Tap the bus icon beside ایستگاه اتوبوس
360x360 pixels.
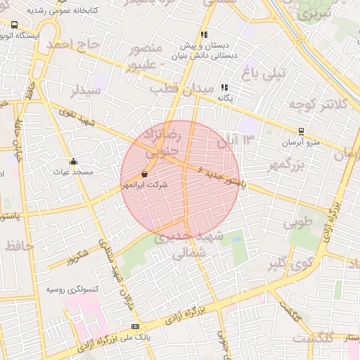pos(15,25)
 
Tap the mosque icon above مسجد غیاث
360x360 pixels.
pos(72,161)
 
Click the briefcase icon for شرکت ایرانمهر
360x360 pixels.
pos(144,174)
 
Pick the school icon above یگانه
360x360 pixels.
pos(224,88)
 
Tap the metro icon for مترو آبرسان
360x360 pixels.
pos(301,131)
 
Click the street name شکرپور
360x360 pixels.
pos(78,257)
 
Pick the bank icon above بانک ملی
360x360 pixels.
pos(135,326)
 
